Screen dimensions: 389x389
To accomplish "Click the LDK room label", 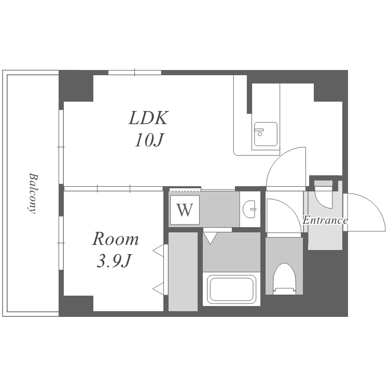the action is (x=149, y=118).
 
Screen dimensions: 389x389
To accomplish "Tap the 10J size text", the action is (x=149, y=141).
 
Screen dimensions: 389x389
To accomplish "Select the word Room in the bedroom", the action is (x=115, y=239).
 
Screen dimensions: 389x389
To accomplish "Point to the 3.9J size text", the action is (x=114, y=261).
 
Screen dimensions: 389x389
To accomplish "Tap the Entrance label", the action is (x=325, y=220).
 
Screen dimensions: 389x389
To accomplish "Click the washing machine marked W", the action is (x=185, y=210).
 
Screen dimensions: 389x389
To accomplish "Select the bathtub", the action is (x=231, y=289).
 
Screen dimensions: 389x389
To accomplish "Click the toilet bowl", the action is (x=284, y=279).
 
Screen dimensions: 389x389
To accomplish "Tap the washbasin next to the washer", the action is (x=249, y=209).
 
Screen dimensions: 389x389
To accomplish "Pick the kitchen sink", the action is (x=266, y=134).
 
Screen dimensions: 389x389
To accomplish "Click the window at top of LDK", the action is (x=135, y=73).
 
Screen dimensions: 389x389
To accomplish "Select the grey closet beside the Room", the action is (x=183, y=271).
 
